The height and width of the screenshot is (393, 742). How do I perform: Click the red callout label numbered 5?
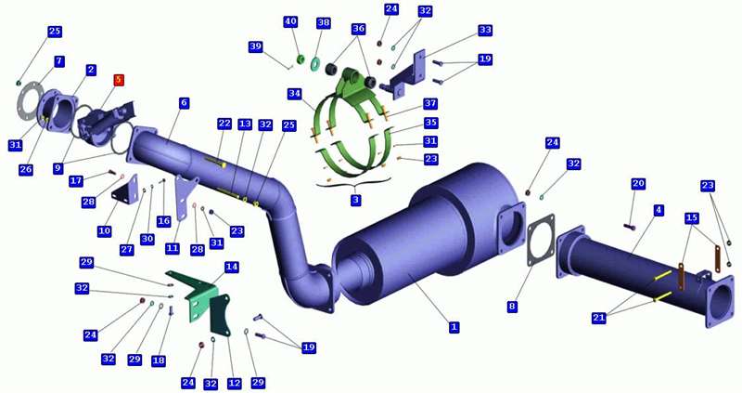119,80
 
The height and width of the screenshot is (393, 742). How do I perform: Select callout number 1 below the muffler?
454,327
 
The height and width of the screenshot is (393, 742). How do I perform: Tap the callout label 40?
290,21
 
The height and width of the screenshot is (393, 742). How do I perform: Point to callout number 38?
323,22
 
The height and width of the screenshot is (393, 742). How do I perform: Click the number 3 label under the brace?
355,200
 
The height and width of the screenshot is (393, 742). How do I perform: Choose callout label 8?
512,307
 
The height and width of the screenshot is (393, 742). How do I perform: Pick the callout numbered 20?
638,183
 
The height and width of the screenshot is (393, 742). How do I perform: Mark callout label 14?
231,267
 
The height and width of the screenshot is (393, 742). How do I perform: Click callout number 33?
485,30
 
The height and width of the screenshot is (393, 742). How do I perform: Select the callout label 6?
184,103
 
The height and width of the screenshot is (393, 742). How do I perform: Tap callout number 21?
598,318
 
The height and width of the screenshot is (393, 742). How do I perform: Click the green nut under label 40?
300,59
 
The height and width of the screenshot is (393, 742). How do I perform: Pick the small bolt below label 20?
630,228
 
